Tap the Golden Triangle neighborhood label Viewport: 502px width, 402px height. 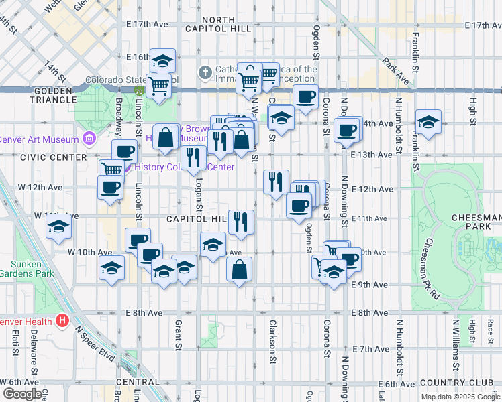tap(54, 94)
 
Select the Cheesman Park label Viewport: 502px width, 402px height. tap(476, 222)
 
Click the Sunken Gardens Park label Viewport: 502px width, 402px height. tap(26, 268)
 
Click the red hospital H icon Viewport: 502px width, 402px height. tap(62, 321)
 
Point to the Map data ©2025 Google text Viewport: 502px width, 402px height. tap(460, 397)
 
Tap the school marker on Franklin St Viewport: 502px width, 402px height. tap(428, 123)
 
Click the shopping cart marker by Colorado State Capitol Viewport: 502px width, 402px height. tap(158, 85)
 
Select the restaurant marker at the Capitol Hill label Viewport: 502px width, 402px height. tap(241, 221)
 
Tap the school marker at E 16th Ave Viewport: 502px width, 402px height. tap(162, 62)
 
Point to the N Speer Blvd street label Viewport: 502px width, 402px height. tap(97, 344)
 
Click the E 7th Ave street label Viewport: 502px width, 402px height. tap(370, 350)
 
